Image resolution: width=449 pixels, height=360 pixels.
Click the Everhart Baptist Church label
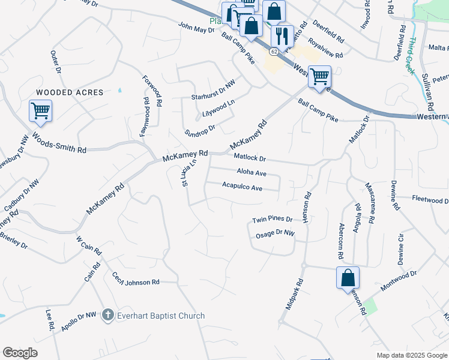[x=160, y=316]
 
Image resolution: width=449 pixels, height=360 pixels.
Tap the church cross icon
[x=108, y=315]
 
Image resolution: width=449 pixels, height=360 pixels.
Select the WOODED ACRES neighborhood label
[x=70, y=92]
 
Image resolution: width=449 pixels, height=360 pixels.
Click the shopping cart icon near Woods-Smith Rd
[x=40, y=110]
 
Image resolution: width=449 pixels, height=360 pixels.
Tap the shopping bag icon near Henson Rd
[x=348, y=278]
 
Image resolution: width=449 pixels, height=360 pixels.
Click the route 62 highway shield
[x=274, y=52]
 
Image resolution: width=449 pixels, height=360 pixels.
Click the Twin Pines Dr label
[x=272, y=220]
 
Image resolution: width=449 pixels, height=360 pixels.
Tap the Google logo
[x=20, y=353]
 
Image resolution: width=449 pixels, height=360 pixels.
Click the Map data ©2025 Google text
[x=411, y=355]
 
